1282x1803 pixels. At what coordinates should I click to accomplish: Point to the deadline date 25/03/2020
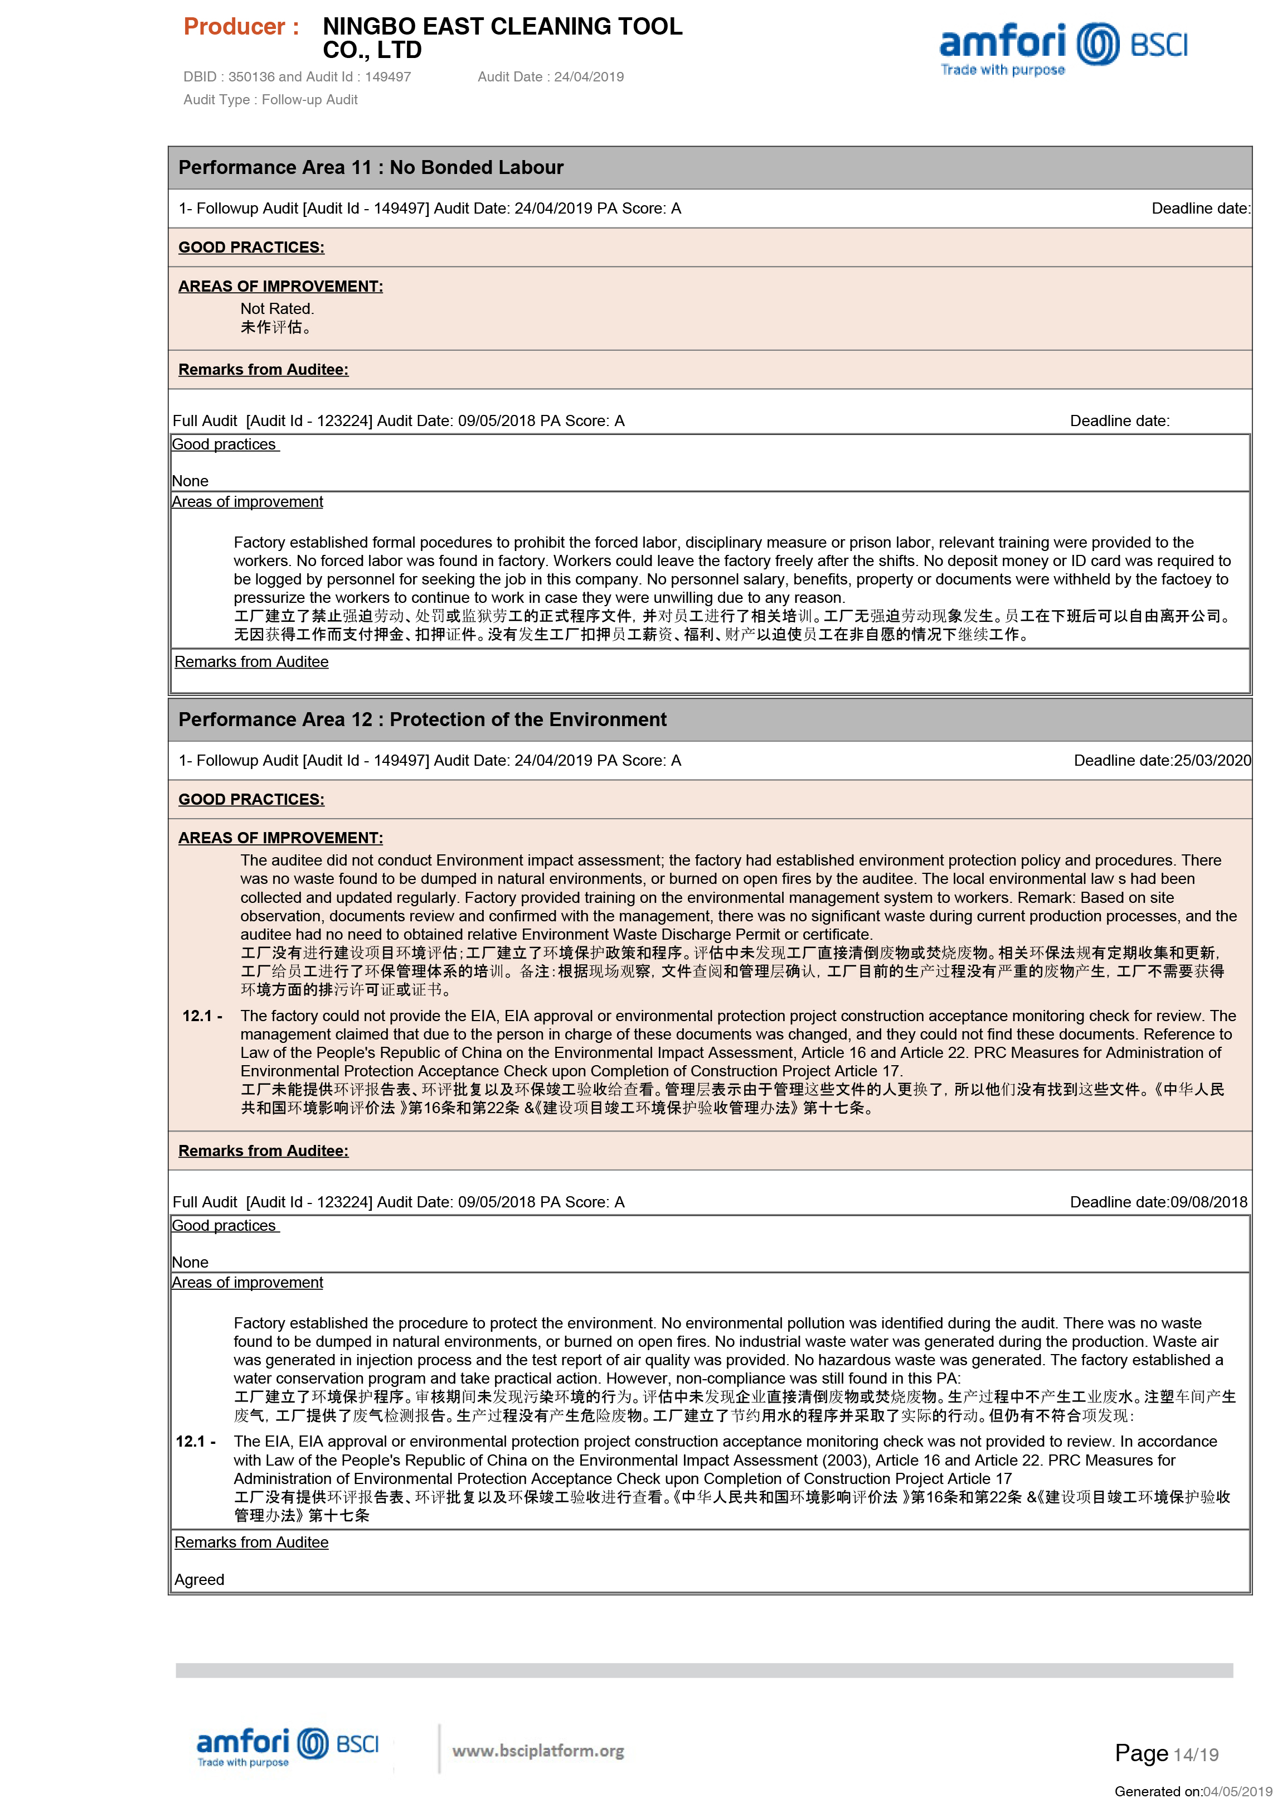pos(1212,761)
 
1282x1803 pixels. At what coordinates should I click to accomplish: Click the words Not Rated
pos(277,309)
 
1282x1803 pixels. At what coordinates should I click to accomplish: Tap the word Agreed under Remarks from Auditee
pos(199,1579)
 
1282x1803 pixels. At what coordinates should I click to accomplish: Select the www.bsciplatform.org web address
pos(537,1751)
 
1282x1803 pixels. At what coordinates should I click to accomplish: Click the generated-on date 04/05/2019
pos(1237,1791)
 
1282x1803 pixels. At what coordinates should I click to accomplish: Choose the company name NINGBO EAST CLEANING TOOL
pos(502,27)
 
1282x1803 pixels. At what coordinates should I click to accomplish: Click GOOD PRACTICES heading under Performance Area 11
pos(251,247)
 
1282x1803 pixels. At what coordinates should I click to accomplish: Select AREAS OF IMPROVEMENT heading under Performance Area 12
pos(280,838)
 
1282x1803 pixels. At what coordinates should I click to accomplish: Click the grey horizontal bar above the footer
pos(703,1670)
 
